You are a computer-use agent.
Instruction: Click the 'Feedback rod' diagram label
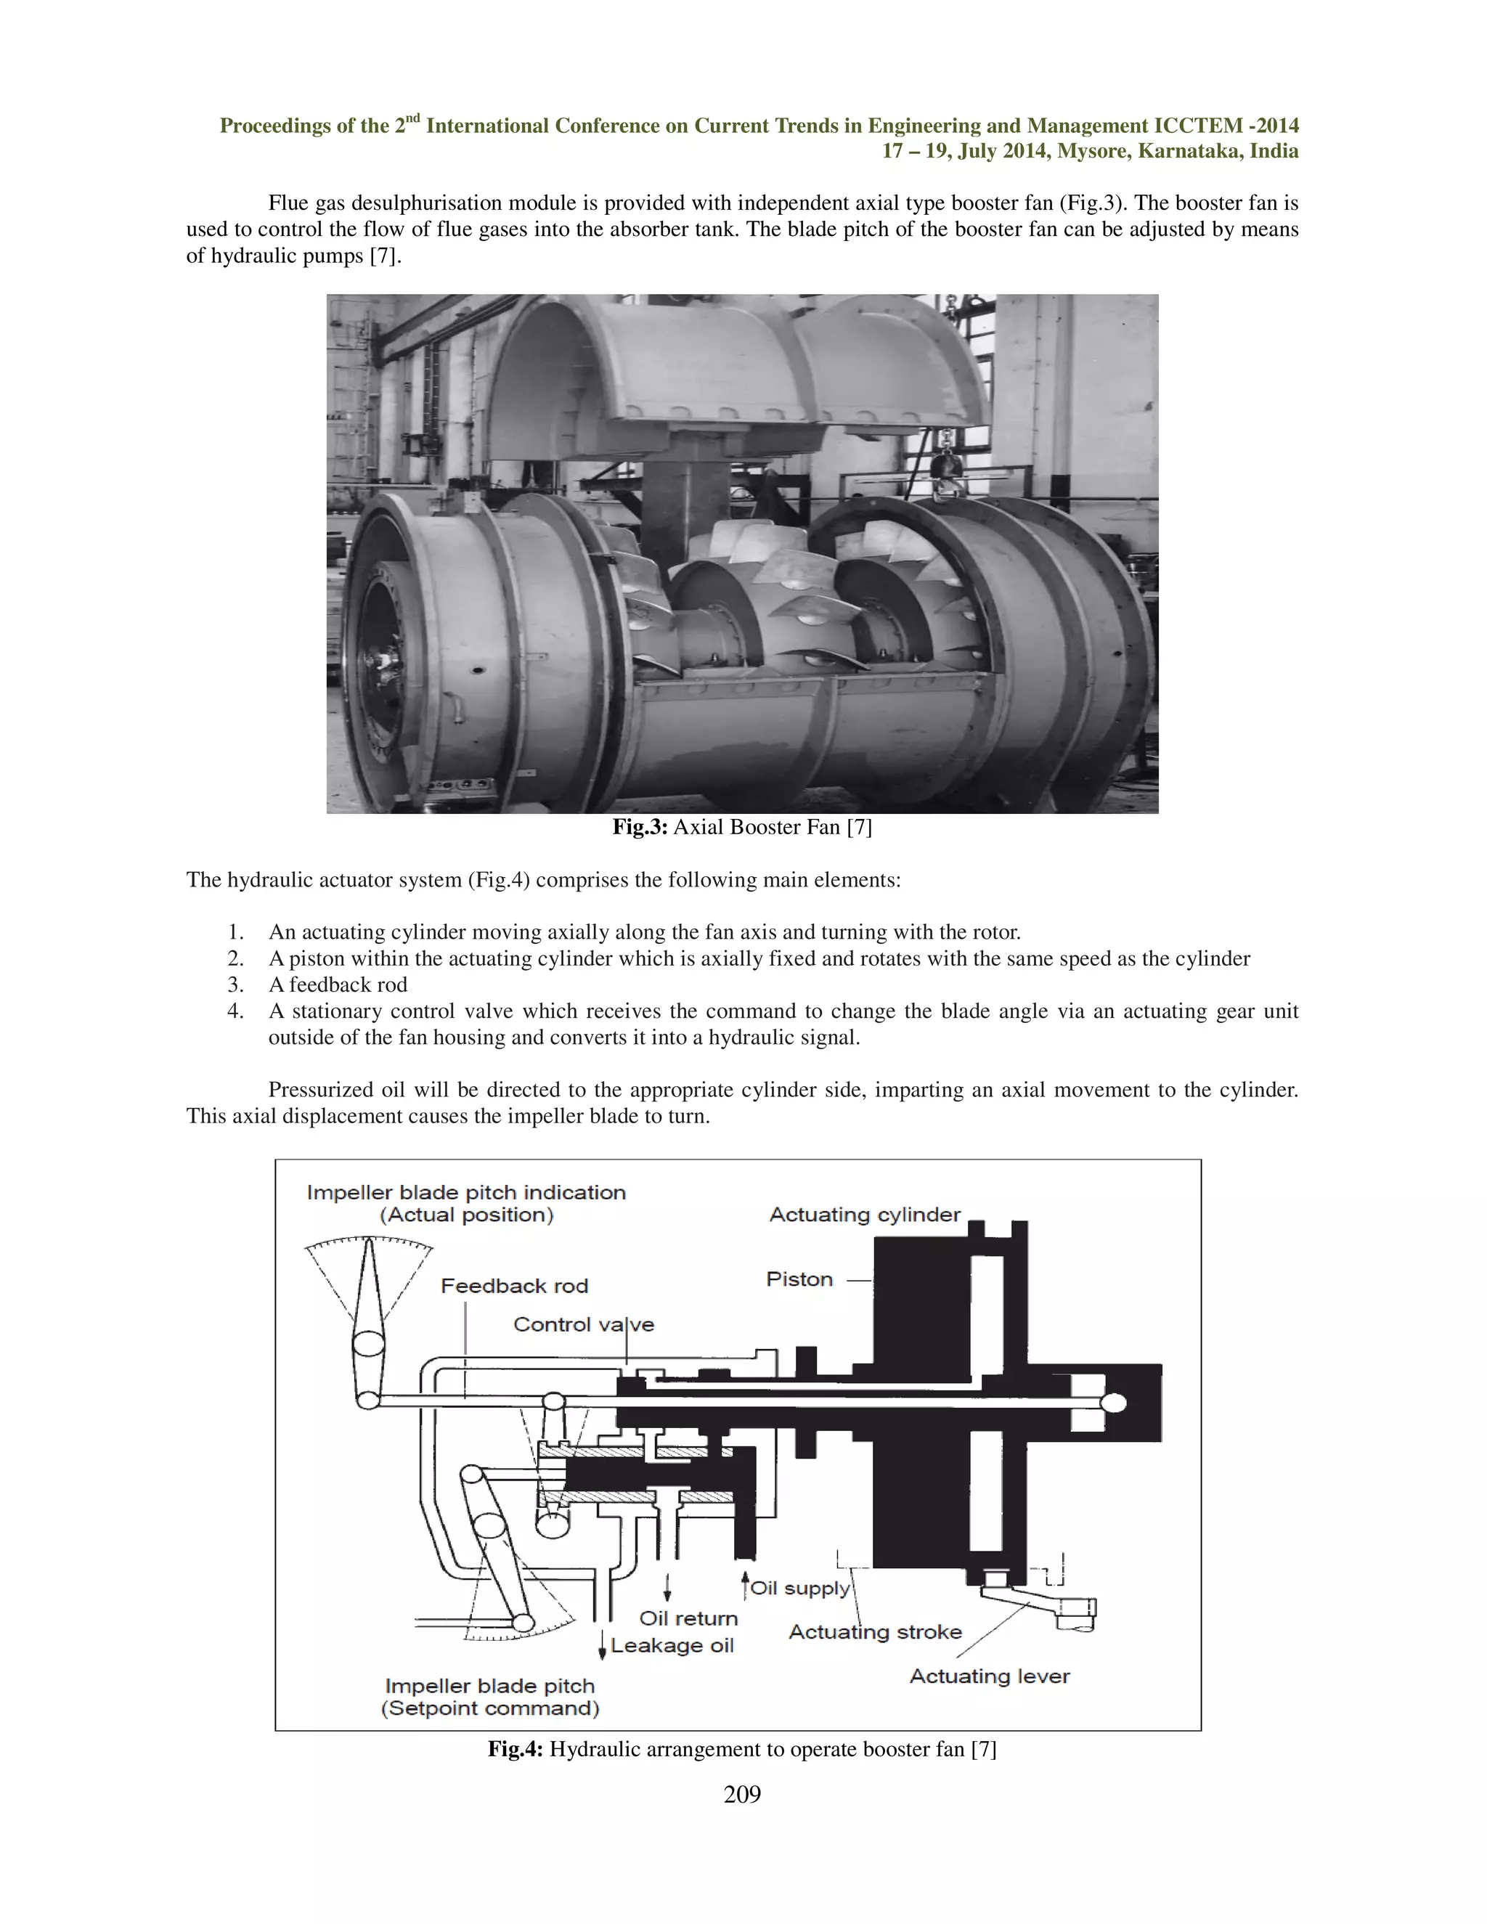(x=515, y=1287)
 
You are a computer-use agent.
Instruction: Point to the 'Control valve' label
(x=583, y=1325)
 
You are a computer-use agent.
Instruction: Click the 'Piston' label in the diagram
(x=799, y=1279)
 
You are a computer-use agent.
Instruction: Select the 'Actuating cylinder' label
(x=864, y=1215)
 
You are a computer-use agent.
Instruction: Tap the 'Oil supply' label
(x=800, y=1589)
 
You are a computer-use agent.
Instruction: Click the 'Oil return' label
(x=688, y=1618)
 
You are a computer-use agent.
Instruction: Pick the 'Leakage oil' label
(x=672, y=1646)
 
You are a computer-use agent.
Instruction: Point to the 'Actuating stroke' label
(x=875, y=1631)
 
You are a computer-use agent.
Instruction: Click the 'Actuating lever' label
(x=990, y=1676)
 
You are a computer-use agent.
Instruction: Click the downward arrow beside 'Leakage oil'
(x=602, y=1646)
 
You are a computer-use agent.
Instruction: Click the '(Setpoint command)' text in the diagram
(x=490, y=1708)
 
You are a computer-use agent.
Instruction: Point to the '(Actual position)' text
(x=466, y=1215)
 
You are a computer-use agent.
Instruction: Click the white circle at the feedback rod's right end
(x=1115, y=1403)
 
